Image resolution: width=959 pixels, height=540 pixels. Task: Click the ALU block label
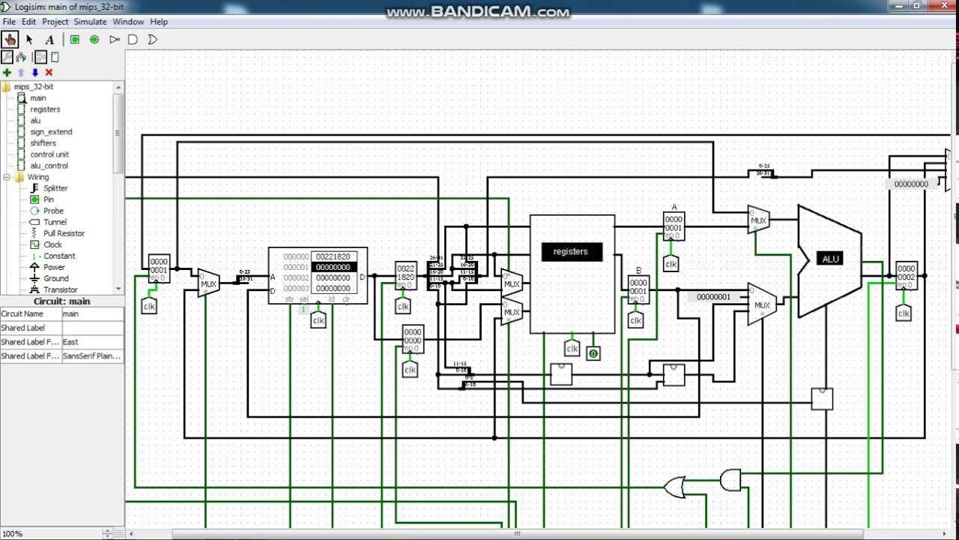pyautogui.click(x=830, y=259)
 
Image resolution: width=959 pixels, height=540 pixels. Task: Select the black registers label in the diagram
pyautogui.click(x=571, y=252)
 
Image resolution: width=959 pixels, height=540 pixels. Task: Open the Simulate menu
pyautogui.click(x=90, y=22)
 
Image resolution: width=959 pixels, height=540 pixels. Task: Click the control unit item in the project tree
pyautogui.click(x=49, y=154)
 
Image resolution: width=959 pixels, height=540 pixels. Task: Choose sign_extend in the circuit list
pyautogui.click(x=51, y=132)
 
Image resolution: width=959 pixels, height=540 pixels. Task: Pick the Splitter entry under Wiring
pyautogui.click(x=55, y=188)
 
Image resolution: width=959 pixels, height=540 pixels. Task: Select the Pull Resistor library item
pyautogui.click(x=63, y=233)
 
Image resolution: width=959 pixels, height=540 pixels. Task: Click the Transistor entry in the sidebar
pyautogui.click(x=60, y=289)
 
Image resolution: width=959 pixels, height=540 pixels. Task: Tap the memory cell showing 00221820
pyautogui.click(x=333, y=256)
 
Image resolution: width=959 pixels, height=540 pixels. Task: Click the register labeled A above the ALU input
pyautogui.click(x=674, y=224)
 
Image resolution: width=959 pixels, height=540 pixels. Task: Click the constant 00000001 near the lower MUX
pyautogui.click(x=713, y=297)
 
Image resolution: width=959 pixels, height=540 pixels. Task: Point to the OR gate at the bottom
pyautogui.click(x=674, y=487)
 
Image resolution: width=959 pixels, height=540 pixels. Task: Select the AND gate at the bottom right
pyautogui.click(x=730, y=480)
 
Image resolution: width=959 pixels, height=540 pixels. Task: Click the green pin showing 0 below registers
pyautogui.click(x=593, y=353)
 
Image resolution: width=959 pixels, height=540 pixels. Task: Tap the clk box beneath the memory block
pyautogui.click(x=318, y=321)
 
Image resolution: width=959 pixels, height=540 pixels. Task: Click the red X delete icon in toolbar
pyautogui.click(x=49, y=73)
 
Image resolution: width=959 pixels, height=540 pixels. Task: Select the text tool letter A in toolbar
pyautogui.click(x=49, y=40)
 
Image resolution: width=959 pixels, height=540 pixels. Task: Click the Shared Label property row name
pyautogui.click(x=23, y=328)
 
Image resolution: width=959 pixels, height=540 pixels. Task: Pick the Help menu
pyautogui.click(x=159, y=22)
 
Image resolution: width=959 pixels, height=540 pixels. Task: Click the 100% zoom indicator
pyautogui.click(x=12, y=534)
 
